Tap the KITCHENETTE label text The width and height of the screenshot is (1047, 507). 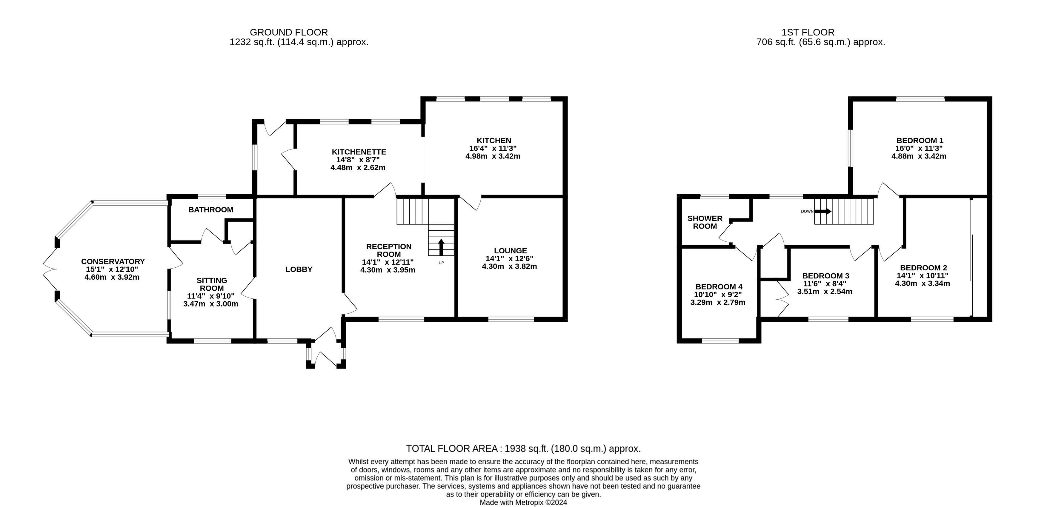pos(359,152)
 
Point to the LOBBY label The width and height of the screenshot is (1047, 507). pos(299,269)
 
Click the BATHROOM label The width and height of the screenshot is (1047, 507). pos(210,209)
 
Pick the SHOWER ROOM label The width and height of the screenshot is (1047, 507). pos(705,222)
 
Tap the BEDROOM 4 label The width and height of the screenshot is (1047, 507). pos(719,287)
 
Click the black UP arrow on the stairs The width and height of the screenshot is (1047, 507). pos(441,246)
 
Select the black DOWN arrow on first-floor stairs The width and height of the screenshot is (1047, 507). pos(823,211)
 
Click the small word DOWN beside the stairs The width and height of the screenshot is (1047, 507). pos(807,211)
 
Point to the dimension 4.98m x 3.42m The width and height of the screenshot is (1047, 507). pos(493,156)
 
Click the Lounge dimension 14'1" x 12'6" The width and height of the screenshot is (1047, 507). pos(509,258)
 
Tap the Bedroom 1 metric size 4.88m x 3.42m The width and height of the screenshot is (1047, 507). pos(919,156)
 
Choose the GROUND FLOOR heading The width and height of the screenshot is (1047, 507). pos(289,32)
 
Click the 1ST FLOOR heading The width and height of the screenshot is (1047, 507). pos(808,32)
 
